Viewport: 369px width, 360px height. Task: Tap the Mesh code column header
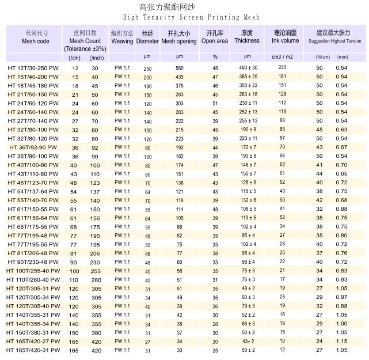pos(28,41)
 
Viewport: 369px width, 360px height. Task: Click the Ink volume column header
pos(282,41)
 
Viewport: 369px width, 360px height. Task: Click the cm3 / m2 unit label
pos(282,57)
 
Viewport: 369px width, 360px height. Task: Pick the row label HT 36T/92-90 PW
pos(33,148)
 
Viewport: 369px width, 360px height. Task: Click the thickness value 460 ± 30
pos(249,68)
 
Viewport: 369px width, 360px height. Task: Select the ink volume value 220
pos(282,68)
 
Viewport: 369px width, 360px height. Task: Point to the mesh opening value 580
pos(180,68)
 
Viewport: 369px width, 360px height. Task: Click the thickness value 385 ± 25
pos(249,77)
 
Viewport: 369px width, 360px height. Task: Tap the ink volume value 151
pos(282,77)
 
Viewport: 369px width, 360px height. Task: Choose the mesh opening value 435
pos(180,77)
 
